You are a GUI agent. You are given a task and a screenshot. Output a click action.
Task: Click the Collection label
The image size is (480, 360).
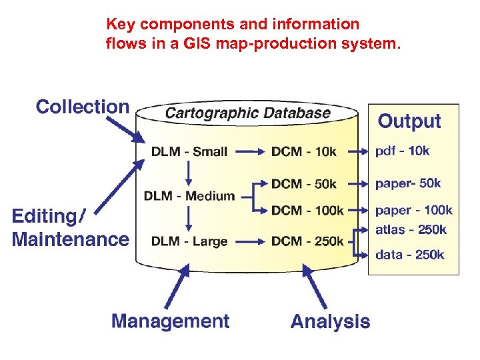pyautogui.click(x=83, y=107)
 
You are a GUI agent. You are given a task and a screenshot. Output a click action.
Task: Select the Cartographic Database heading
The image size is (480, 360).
pyautogui.click(x=247, y=113)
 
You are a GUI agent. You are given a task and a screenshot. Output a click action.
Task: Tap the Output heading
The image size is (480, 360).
pyautogui.click(x=409, y=121)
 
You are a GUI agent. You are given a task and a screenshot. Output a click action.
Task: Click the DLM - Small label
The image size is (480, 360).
pyautogui.click(x=189, y=151)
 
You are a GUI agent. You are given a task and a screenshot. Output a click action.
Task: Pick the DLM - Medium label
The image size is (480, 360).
pyautogui.click(x=189, y=196)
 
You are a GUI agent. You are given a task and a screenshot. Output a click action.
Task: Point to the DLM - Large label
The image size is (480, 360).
pyautogui.click(x=189, y=241)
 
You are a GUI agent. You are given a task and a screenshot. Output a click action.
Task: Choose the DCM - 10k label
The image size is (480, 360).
pyautogui.click(x=304, y=151)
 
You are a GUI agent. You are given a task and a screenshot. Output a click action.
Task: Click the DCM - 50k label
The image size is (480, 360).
pyautogui.click(x=304, y=183)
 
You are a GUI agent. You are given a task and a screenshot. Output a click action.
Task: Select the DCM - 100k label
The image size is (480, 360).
pyautogui.click(x=307, y=211)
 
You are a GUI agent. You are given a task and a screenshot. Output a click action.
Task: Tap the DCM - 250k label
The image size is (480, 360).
pyautogui.click(x=307, y=241)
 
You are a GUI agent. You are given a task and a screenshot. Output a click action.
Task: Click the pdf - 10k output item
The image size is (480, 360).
pyautogui.click(x=403, y=151)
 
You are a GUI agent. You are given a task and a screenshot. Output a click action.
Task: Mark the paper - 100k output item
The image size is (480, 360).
pyautogui.click(x=414, y=211)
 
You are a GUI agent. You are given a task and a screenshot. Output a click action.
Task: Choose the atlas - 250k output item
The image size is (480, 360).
pyautogui.click(x=411, y=230)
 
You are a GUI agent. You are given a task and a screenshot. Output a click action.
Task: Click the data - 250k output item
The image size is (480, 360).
pyautogui.click(x=409, y=255)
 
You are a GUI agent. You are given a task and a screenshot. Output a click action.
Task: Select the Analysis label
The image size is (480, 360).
pyautogui.click(x=330, y=321)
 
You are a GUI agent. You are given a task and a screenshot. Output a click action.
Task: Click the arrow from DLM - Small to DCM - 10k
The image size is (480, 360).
pyautogui.click(x=250, y=152)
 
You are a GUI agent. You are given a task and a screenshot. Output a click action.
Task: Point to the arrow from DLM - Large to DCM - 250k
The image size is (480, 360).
pyautogui.click(x=250, y=242)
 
